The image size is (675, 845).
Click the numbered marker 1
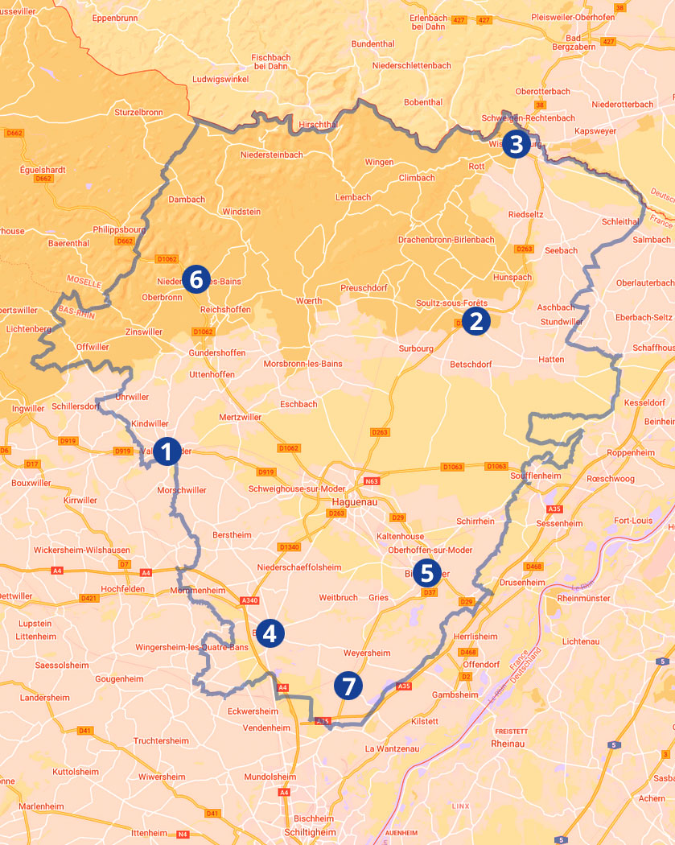pyautogui.click(x=167, y=451)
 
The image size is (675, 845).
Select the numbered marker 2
pyautogui.click(x=475, y=321)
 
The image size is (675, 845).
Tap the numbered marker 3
pyautogui.click(x=516, y=145)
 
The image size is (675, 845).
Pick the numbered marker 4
pyautogui.click(x=269, y=633)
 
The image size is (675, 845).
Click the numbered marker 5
pyautogui.click(x=426, y=573)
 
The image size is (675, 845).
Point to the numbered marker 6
pyautogui.click(x=196, y=279)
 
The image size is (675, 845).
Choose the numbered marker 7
pyautogui.click(x=348, y=686)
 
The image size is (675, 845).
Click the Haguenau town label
pyautogui.click(x=355, y=501)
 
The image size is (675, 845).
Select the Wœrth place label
pyautogui.click(x=309, y=301)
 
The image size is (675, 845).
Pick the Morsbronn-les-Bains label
pyautogui.click(x=303, y=364)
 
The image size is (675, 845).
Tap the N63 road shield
pyautogui.click(x=371, y=481)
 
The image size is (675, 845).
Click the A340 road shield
pyautogui.click(x=250, y=600)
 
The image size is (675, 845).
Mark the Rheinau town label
pyautogui.click(x=507, y=744)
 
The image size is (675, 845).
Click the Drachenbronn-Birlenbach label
pyautogui.click(x=446, y=240)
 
